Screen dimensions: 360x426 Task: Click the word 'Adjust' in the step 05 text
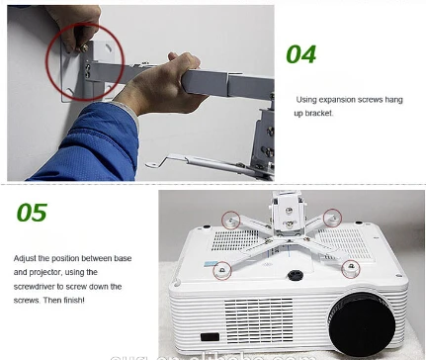pyautogui.click(x=26, y=257)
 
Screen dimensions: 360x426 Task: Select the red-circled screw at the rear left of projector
pyautogui.click(x=230, y=217)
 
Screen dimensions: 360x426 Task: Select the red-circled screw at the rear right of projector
pyautogui.click(x=333, y=216)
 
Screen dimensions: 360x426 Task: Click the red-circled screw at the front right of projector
pyautogui.click(x=349, y=267)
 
